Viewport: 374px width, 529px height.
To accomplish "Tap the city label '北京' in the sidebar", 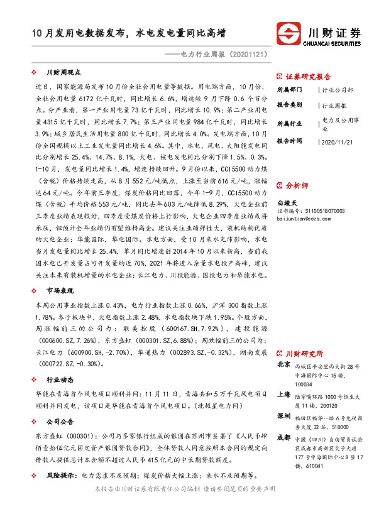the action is (x=283, y=364).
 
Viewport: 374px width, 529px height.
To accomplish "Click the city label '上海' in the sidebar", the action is (x=283, y=395).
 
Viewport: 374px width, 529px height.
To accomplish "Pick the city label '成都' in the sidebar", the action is (x=283, y=438).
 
